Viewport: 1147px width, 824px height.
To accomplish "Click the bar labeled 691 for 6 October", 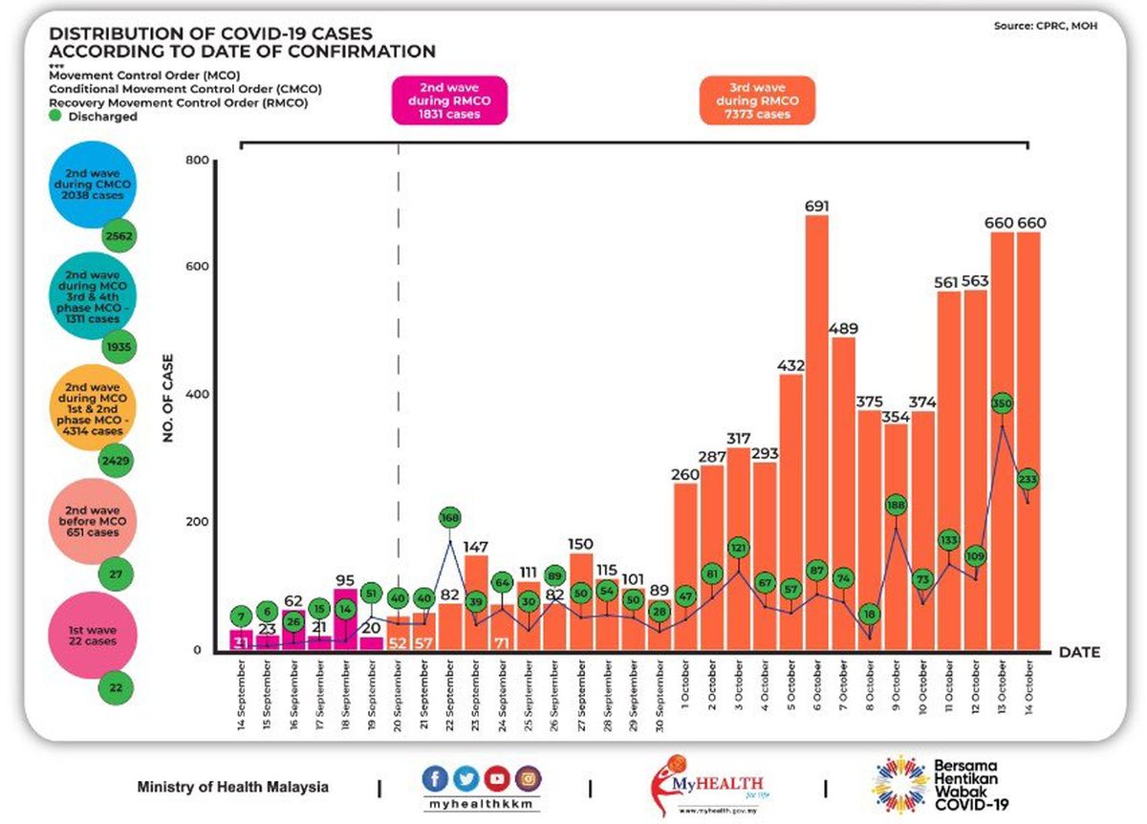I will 816,430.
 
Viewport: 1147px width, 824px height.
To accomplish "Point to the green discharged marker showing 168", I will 450,517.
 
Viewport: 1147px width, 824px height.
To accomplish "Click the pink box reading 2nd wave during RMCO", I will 449,100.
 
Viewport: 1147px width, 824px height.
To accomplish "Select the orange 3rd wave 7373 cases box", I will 757,100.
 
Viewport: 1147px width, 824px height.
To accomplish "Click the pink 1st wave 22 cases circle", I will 93,635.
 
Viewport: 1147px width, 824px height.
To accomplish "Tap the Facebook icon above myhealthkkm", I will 436,777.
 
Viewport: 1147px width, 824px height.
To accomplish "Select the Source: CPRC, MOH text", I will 1046,26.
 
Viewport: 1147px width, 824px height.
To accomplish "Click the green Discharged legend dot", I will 56,117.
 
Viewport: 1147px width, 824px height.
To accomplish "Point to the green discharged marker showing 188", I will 896,505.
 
